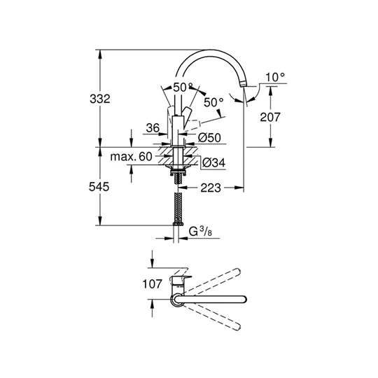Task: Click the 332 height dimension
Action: click(x=100, y=99)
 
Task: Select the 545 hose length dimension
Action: click(x=99, y=187)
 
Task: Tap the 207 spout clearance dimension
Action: click(x=270, y=117)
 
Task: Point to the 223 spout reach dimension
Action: click(x=211, y=188)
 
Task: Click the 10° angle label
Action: click(x=275, y=78)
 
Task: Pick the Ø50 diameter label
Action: click(x=209, y=138)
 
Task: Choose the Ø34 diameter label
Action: click(x=213, y=162)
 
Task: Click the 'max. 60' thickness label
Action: click(x=131, y=157)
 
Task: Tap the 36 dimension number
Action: click(x=153, y=128)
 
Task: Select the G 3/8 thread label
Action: click(x=201, y=232)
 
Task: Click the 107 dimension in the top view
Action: click(x=153, y=284)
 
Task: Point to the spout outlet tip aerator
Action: click(x=243, y=84)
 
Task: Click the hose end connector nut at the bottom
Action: click(x=178, y=224)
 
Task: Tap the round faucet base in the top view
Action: click(x=176, y=300)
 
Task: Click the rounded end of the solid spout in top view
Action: click(x=244, y=299)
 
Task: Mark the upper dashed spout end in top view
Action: click(x=237, y=272)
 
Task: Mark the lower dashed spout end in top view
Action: click(x=237, y=327)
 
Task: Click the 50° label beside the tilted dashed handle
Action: click(x=213, y=102)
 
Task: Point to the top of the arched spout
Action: click(x=212, y=51)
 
